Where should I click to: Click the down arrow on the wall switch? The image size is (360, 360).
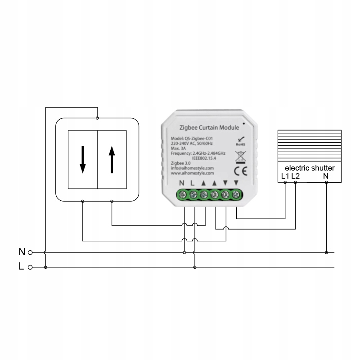tap(82, 159)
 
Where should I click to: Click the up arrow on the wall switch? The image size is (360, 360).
tap(112, 159)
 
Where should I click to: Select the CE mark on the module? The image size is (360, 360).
tap(240, 171)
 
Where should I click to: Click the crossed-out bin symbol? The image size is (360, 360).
tap(240, 156)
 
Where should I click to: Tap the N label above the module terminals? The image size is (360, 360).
tap(182, 183)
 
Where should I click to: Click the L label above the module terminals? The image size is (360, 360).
tap(193, 183)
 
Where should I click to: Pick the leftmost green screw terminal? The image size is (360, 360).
tap(183, 195)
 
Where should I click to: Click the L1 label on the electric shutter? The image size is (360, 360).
tap(285, 176)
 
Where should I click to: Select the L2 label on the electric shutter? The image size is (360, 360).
tap(295, 176)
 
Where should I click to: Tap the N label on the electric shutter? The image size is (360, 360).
tap(326, 176)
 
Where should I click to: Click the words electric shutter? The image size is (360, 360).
tap(310, 168)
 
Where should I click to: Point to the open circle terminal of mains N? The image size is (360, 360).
tap(30, 252)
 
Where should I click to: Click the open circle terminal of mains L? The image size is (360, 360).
tap(30, 267)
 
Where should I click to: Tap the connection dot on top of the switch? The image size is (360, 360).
tap(97, 118)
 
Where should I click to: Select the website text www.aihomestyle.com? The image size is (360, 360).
tap(192, 173)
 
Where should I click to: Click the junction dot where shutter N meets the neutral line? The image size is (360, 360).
tap(327, 252)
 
